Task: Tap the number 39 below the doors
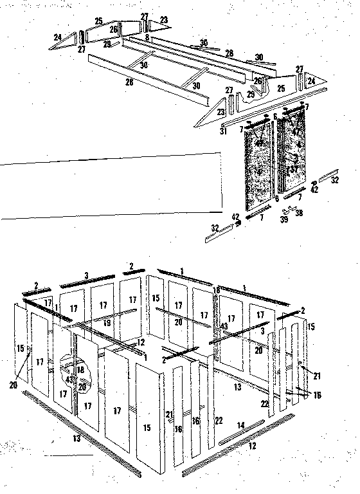(x=283, y=220)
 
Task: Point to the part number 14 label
(x=241, y=425)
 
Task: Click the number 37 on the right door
(x=292, y=169)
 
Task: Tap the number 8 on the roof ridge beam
(x=147, y=38)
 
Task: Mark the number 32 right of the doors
(x=335, y=181)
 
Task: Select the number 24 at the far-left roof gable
(x=58, y=38)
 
